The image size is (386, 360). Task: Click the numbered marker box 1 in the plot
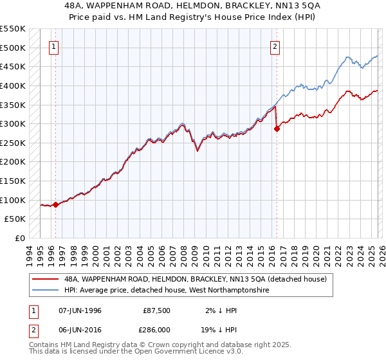(x=54, y=46)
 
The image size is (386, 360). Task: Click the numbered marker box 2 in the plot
(x=275, y=46)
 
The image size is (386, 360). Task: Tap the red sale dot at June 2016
(x=277, y=129)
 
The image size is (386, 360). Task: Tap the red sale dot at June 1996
(x=56, y=205)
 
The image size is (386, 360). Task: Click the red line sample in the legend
(x=46, y=279)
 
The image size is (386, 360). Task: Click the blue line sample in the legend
(x=46, y=291)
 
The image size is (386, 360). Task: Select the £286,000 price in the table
(x=157, y=328)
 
